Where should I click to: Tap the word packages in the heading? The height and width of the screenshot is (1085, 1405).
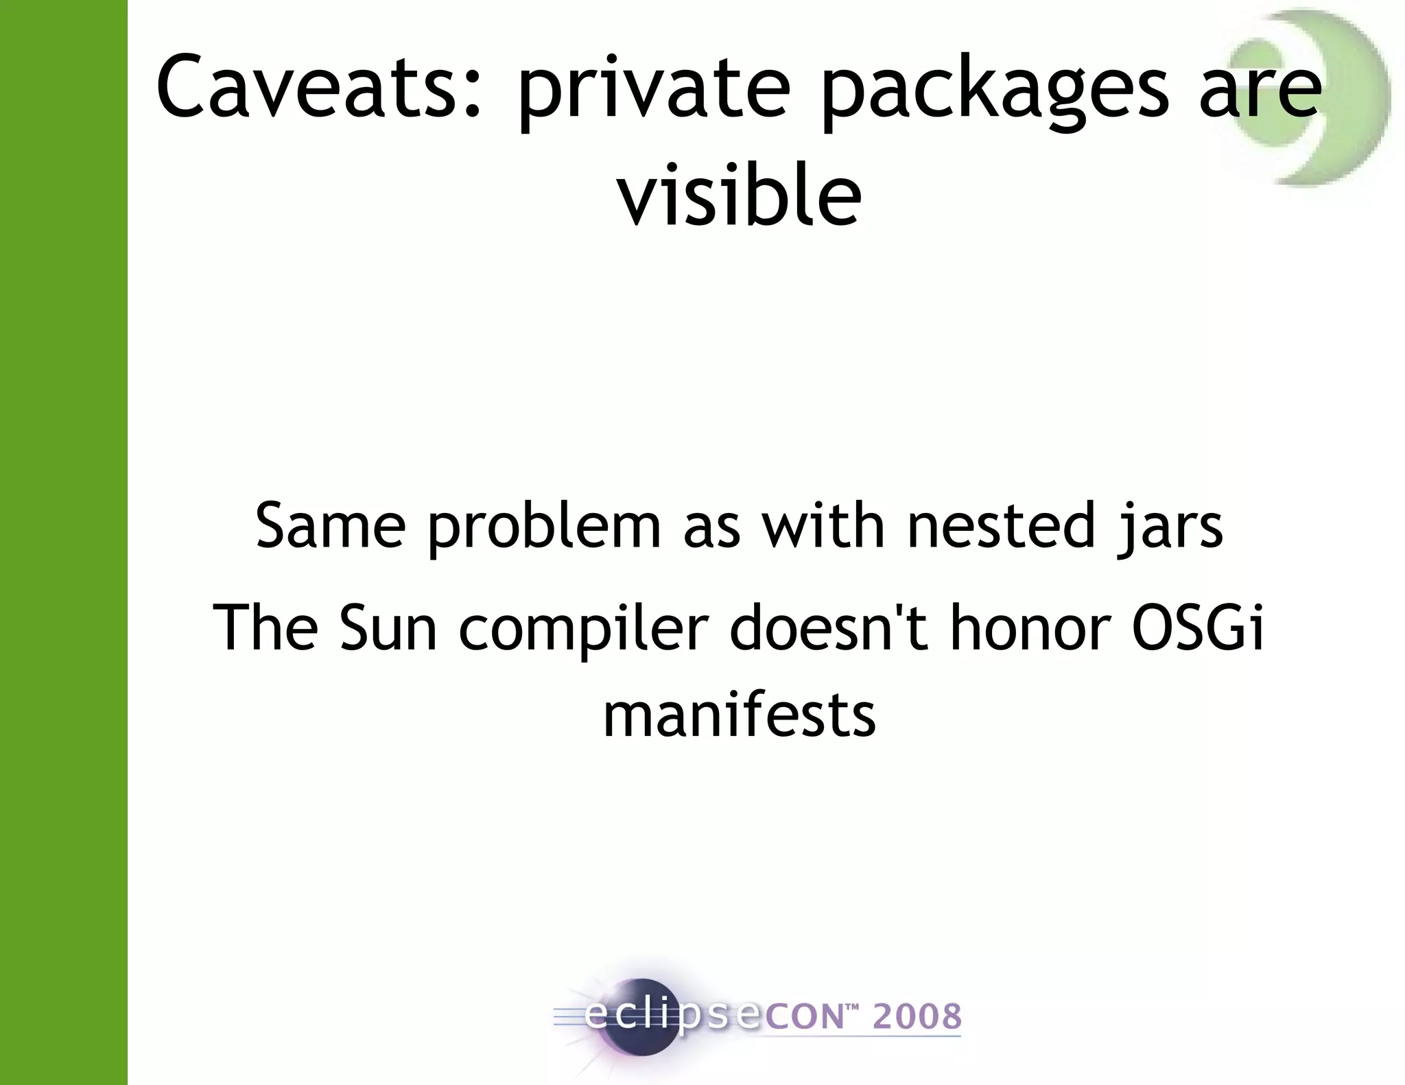(x=995, y=93)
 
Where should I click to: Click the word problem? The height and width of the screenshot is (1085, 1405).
(x=544, y=528)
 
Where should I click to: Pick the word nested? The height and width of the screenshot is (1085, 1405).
(x=999, y=526)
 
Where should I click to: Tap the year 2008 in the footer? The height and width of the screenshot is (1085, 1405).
(x=917, y=1016)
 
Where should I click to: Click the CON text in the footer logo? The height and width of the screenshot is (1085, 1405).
(x=803, y=1016)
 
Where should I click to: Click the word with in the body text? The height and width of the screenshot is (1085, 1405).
(x=823, y=526)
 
